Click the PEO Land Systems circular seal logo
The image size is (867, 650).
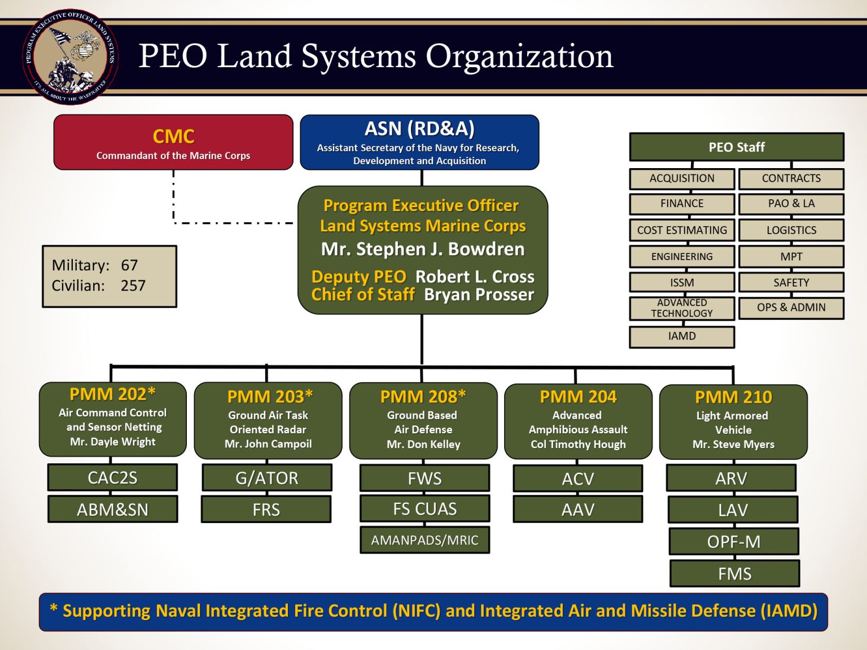click(x=71, y=56)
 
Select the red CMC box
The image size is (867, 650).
click(x=173, y=142)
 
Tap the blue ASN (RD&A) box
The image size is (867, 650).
click(x=419, y=142)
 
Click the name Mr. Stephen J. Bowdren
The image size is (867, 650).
click(x=423, y=249)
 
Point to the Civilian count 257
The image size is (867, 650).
click(x=133, y=286)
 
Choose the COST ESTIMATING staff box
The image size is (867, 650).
click(x=682, y=230)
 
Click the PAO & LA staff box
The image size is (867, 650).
click(x=791, y=204)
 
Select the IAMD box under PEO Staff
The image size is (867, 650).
click(x=682, y=336)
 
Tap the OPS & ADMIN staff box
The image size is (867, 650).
click(x=791, y=308)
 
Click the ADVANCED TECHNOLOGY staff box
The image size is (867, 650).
click(x=682, y=308)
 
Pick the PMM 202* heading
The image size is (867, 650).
click(x=112, y=394)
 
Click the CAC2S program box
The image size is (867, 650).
click(x=112, y=478)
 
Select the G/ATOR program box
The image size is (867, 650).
click(x=266, y=478)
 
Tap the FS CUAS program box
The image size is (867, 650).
click(x=424, y=509)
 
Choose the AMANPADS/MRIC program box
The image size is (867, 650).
click(x=424, y=540)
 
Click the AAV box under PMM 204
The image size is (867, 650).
click(x=578, y=510)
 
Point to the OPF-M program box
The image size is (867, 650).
click(x=734, y=542)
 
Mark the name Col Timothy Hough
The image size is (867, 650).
click(x=578, y=445)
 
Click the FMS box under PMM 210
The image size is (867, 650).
click(x=734, y=574)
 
